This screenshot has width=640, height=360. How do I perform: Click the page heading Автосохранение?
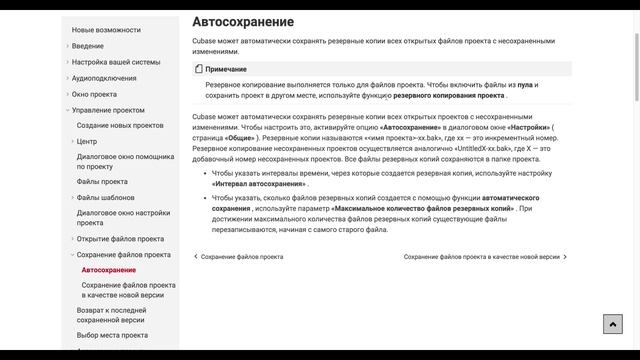tap(243, 21)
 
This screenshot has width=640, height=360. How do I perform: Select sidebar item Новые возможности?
tap(106, 30)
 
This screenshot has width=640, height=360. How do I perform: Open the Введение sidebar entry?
tap(87, 46)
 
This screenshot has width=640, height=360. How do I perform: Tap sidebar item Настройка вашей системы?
tap(115, 62)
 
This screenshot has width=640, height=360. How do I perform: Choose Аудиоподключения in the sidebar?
tap(104, 78)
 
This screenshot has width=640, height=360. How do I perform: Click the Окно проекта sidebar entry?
tap(94, 94)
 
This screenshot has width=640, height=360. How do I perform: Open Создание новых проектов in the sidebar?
tap(120, 126)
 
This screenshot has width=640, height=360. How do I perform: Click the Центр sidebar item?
tap(87, 142)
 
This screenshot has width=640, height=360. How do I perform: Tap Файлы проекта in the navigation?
tap(102, 182)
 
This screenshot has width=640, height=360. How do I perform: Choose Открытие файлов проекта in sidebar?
tap(120, 239)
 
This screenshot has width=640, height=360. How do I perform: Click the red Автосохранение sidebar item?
tap(109, 271)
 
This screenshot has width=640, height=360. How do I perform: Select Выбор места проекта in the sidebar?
tap(112, 336)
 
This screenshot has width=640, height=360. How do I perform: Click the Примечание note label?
tap(226, 69)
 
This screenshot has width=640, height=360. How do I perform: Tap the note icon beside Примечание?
tap(198, 69)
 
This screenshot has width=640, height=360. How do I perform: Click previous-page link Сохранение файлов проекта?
tap(241, 257)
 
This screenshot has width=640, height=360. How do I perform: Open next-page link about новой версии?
tap(482, 257)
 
